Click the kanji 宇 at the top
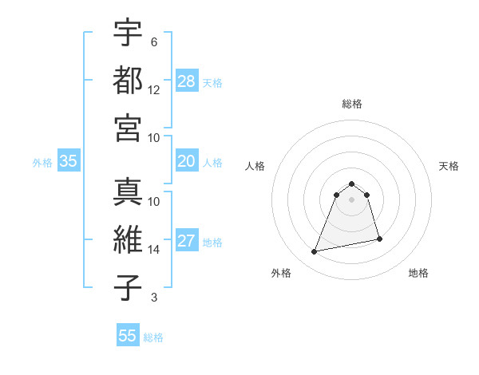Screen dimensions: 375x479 click(x=128, y=33)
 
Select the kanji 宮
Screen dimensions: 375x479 click(x=128, y=127)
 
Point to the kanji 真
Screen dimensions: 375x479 click(x=128, y=192)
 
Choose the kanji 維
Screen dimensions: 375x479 click(x=128, y=240)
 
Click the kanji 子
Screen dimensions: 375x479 click(x=128, y=287)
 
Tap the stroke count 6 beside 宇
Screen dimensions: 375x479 click(x=153, y=42)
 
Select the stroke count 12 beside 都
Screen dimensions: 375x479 click(x=154, y=90)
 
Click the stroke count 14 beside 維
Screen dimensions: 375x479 click(x=154, y=250)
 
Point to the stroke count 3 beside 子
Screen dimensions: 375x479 click(x=153, y=298)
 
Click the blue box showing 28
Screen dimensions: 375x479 click(x=187, y=81)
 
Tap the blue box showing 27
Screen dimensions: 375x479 click(x=187, y=242)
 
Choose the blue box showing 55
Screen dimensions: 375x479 click(x=128, y=336)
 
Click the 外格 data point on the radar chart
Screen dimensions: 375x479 click(x=315, y=252)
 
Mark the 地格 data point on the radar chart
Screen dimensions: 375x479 click(x=379, y=239)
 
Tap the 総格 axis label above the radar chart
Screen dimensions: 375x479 click(x=351, y=104)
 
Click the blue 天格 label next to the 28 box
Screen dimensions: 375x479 click(x=212, y=82)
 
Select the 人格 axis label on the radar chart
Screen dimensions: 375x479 click(x=255, y=166)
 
